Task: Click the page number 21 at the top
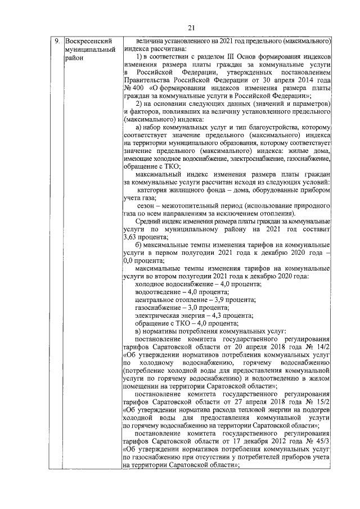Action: [x=190, y=28]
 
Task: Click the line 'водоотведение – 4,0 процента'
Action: [x=183, y=292]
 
